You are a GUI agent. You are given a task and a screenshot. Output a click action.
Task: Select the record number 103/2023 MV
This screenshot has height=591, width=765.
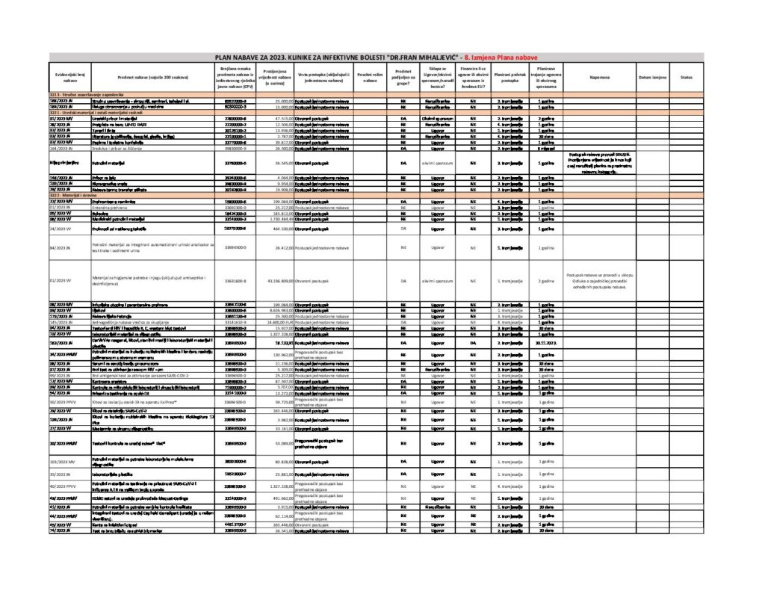coord(64,463)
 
